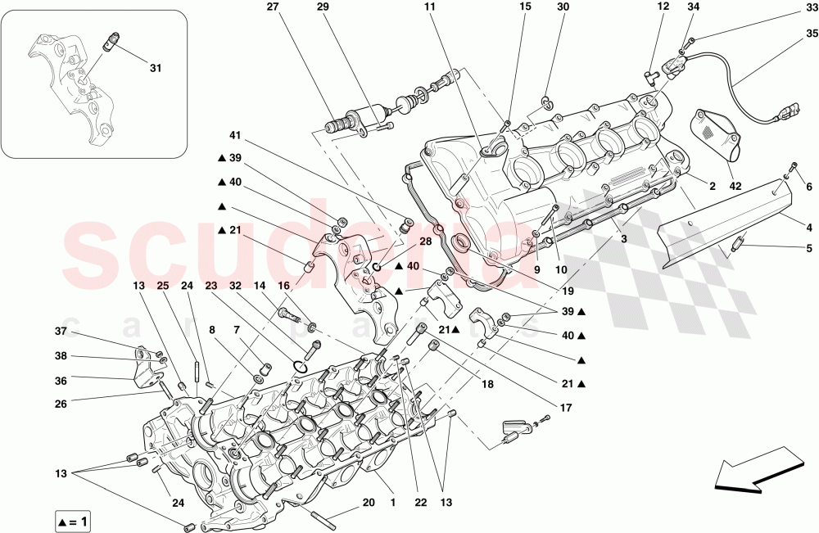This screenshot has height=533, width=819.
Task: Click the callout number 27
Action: point(273,7)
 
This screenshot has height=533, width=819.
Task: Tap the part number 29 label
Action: point(323,7)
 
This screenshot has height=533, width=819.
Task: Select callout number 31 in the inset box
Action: point(156,69)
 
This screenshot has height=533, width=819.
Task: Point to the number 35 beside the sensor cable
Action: point(811,34)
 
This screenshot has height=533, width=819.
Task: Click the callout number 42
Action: point(735,187)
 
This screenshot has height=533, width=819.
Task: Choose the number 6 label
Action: point(809,187)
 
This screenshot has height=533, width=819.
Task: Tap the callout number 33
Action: point(811,11)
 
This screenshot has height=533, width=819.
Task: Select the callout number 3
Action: point(624,239)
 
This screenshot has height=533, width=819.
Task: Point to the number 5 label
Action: point(809,248)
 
